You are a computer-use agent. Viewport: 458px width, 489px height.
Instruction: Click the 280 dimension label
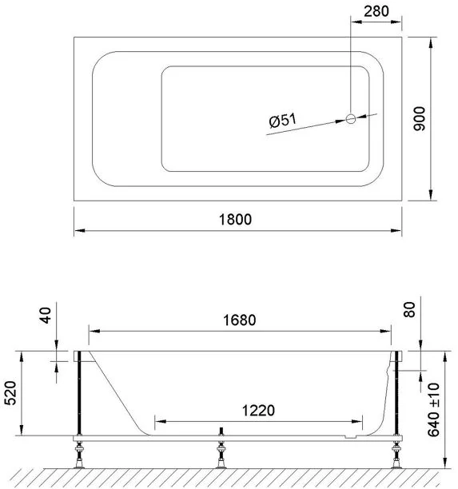[x=376, y=11]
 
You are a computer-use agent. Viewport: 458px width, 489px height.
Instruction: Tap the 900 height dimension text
[x=420, y=119]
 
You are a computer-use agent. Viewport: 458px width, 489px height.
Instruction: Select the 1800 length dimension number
[x=235, y=220]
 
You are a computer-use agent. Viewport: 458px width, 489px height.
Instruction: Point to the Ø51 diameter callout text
[x=283, y=121]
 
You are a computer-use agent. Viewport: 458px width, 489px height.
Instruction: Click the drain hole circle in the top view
[x=351, y=119]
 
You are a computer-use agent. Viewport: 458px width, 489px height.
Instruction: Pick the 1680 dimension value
[x=240, y=320]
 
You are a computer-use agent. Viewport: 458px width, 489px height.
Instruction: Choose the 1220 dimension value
[x=258, y=411]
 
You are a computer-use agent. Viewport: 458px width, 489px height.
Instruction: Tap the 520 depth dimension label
[x=11, y=393]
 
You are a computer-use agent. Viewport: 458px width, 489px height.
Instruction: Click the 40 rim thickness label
[x=46, y=316]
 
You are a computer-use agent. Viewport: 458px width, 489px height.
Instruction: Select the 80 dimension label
[x=409, y=310]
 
